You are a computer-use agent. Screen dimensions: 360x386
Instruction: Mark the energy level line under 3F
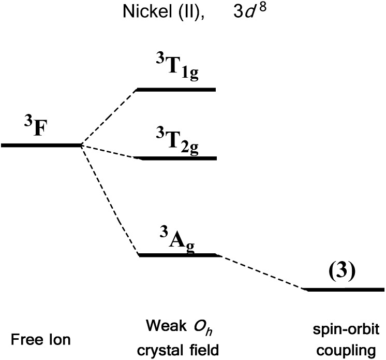[x=41, y=145]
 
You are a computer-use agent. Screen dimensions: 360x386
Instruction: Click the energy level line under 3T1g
[x=175, y=90]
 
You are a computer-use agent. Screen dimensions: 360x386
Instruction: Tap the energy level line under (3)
[x=345, y=289]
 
